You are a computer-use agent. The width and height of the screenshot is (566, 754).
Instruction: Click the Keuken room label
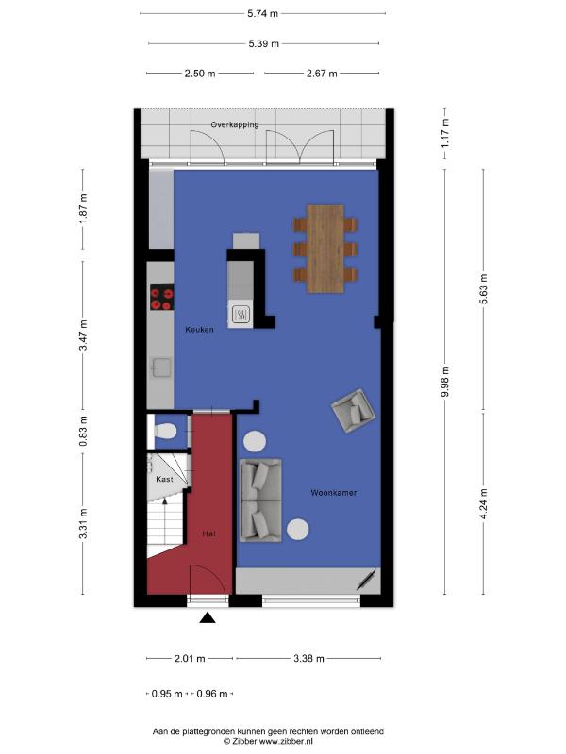[199, 330]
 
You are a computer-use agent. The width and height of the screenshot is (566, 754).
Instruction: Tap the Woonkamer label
[334, 493]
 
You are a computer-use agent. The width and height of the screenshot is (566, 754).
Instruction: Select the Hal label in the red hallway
[208, 533]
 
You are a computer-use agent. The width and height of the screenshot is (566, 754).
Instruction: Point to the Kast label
[164, 480]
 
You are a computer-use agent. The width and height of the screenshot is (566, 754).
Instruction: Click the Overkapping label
[235, 124]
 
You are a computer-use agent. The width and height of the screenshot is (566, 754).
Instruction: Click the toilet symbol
[163, 431]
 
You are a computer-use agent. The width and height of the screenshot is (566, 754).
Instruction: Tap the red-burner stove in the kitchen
[161, 297]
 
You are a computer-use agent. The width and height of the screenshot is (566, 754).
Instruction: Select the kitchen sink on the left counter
[161, 368]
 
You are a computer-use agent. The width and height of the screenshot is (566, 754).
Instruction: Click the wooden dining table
[325, 249]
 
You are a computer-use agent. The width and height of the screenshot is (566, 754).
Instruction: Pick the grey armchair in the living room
[353, 411]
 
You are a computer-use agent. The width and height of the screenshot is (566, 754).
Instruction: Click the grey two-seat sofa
[260, 500]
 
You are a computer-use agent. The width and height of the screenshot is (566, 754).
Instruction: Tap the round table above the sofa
[254, 441]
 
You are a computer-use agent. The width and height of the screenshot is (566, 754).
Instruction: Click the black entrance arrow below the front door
[208, 618]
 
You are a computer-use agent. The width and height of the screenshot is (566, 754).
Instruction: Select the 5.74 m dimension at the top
[263, 13]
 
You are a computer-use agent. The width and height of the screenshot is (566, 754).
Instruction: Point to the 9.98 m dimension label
[446, 382]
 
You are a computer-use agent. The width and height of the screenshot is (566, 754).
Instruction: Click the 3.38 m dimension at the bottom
[309, 658]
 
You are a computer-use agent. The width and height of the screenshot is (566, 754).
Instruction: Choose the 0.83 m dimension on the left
[84, 431]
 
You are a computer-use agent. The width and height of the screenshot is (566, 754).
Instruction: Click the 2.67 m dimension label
[322, 74]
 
